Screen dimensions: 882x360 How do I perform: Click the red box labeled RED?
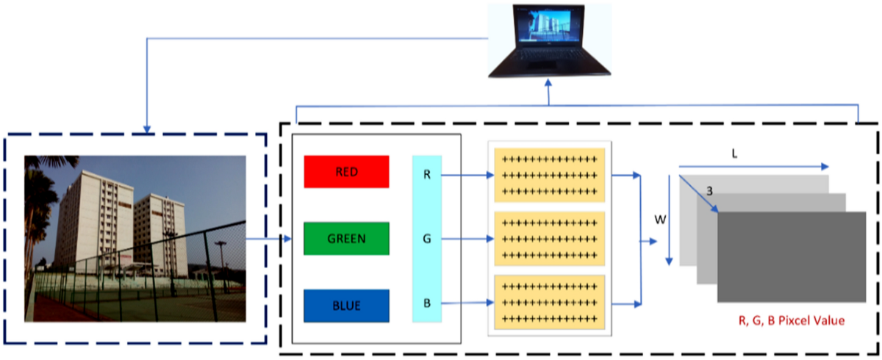[x=346, y=171]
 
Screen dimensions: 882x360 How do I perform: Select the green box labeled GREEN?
[x=346, y=239]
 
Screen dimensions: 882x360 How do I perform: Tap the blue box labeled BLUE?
[x=346, y=306]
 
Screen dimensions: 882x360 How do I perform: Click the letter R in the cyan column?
[x=427, y=175]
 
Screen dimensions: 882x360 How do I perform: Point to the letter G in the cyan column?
[x=427, y=239]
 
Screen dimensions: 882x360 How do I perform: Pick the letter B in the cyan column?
[x=427, y=303]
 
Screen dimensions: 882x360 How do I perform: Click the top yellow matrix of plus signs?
[x=550, y=175]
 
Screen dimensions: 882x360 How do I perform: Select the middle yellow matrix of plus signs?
[x=550, y=239]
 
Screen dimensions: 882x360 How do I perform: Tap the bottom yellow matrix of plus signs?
[x=550, y=302]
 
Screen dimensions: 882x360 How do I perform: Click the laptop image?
[x=550, y=40]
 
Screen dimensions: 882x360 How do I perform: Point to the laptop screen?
[x=550, y=24]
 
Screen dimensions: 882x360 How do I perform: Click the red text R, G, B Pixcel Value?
[x=792, y=320]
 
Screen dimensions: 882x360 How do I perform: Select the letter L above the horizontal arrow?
[x=734, y=154]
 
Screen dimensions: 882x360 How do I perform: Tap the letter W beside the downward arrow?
[x=660, y=220]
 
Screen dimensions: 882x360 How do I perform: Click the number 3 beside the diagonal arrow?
[x=709, y=191]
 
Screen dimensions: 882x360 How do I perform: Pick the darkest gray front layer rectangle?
[x=792, y=257]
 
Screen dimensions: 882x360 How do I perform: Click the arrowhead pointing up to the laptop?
[x=548, y=82]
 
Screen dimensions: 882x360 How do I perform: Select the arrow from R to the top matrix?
[x=467, y=175]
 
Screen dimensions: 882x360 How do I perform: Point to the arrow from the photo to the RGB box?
[x=268, y=239]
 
